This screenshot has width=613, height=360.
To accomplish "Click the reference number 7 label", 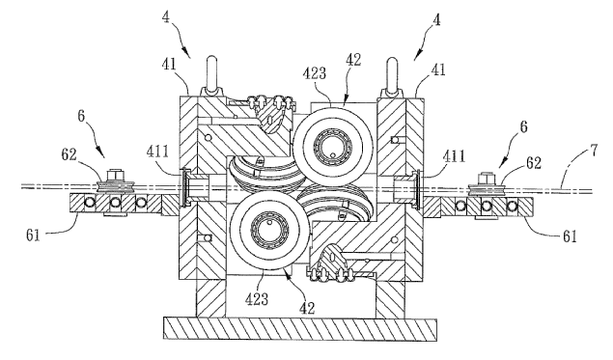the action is point(594,151).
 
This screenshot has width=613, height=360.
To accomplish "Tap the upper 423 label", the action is point(315,73).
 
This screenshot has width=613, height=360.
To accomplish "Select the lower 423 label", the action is point(257,299).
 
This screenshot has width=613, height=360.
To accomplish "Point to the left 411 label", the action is point(157,152).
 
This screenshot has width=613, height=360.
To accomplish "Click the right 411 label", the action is point(454,156).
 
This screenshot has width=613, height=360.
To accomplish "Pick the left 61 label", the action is point(33,235).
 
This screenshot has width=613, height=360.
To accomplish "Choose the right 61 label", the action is point(570,235).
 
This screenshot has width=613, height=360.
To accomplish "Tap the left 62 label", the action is point(69,154).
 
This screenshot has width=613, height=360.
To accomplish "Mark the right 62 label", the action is point(533,162).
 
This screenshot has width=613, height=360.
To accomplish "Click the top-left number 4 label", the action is point(167,17).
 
